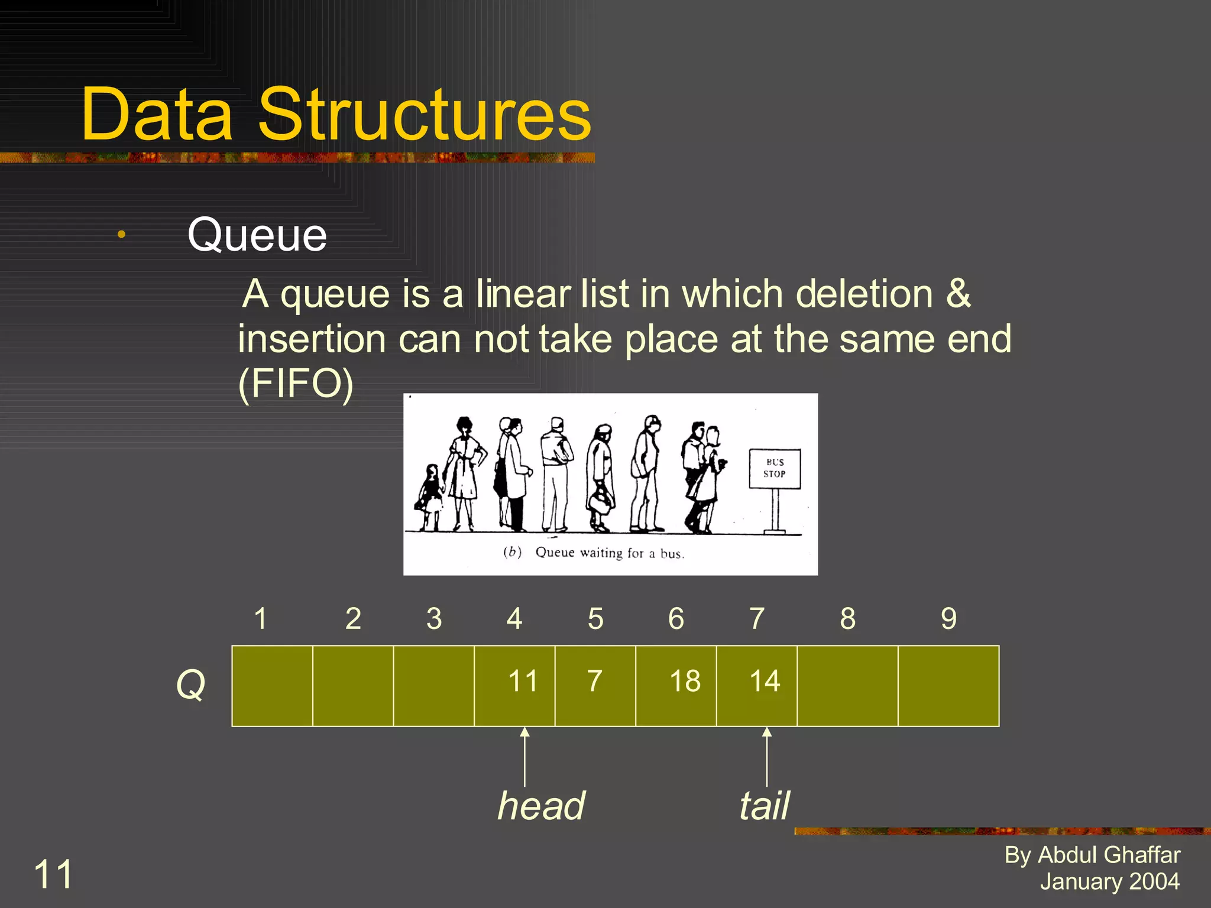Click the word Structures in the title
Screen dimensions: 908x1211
click(x=425, y=115)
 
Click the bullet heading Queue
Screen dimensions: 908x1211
click(x=257, y=235)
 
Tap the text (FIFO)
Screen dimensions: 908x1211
click(x=296, y=384)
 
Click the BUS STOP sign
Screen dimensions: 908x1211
click(x=775, y=469)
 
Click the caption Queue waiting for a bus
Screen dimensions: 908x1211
click(x=609, y=553)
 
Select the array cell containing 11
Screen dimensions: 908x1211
click(x=514, y=686)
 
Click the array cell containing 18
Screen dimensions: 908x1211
click(x=676, y=686)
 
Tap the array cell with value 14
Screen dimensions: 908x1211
click(x=757, y=686)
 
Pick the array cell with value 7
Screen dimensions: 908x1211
click(x=595, y=686)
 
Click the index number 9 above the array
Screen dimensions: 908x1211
click(x=948, y=619)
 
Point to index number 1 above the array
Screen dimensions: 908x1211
click(x=260, y=619)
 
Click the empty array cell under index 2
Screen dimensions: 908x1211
click(x=353, y=686)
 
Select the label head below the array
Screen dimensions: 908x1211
click(x=541, y=806)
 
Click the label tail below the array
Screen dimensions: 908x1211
click(x=764, y=806)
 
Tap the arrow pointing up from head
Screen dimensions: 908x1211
click(x=524, y=757)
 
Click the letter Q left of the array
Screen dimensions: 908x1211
click(x=190, y=685)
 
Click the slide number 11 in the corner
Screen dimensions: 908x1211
click(x=53, y=874)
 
